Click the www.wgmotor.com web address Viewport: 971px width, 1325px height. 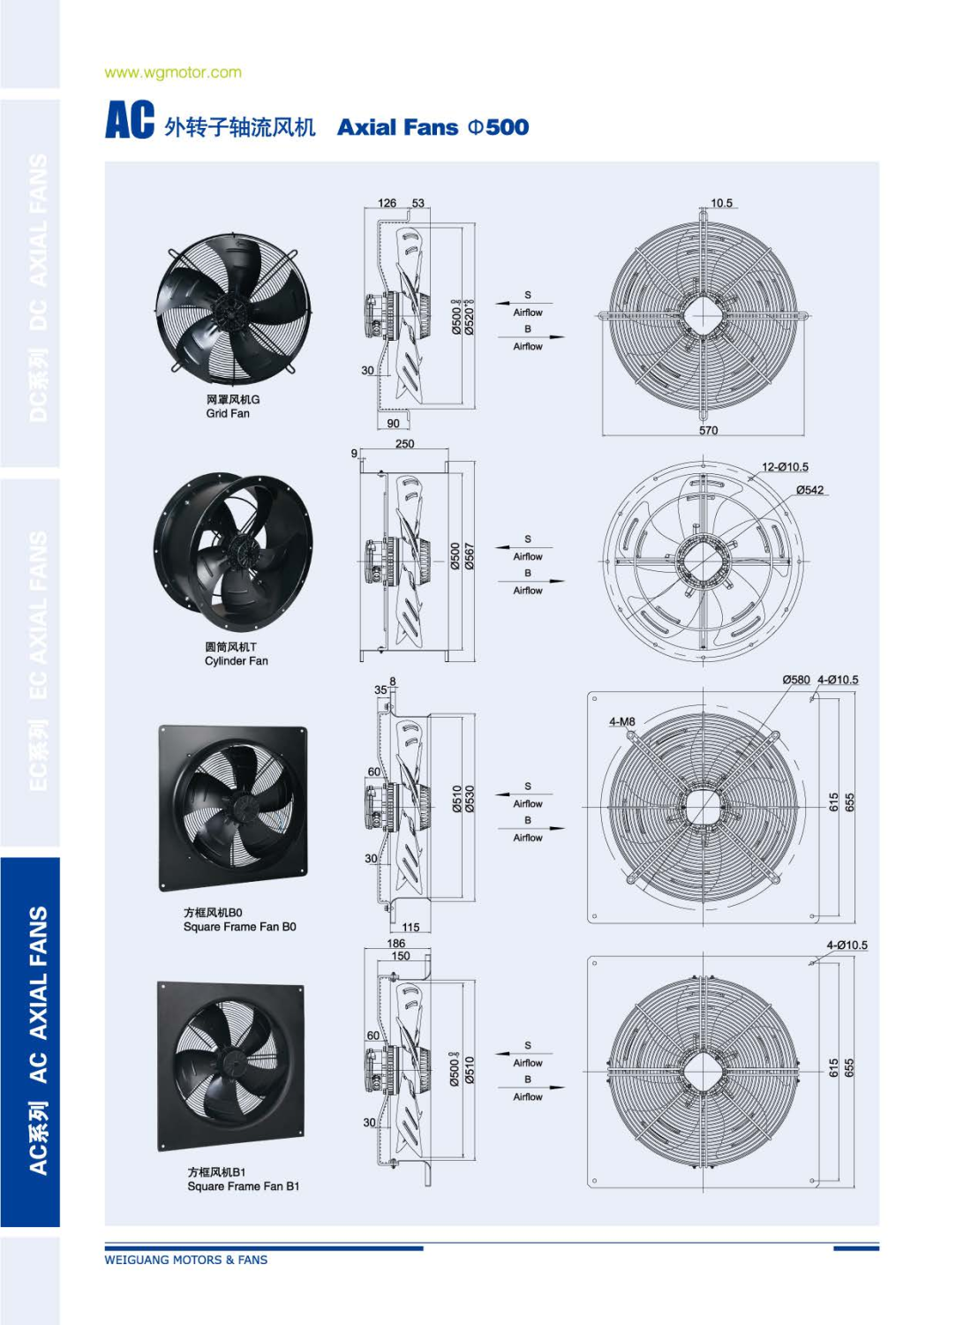pyautogui.click(x=173, y=72)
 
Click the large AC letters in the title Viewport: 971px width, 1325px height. pyautogui.click(x=130, y=120)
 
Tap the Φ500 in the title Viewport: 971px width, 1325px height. pyautogui.click(x=498, y=127)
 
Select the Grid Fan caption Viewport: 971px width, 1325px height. pyautogui.click(x=228, y=413)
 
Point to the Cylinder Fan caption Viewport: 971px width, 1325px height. pyautogui.click(x=236, y=660)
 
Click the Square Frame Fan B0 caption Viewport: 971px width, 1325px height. pyautogui.click(x=239, y=926)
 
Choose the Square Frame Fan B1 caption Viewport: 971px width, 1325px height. pyautogui.click(x=243, y=1186)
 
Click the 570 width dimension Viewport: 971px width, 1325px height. pyautogui.click(x=708, y=430)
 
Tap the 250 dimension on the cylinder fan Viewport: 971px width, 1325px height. pyautogui.click(x=404, y=444)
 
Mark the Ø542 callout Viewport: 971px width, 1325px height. pyautogui.click(x=809, y=490)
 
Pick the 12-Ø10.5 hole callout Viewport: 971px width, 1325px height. pyautogui.click(x=785, y=467)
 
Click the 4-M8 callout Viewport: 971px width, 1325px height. pyautogui.click(x=622, y=721)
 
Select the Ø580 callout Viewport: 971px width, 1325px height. pyautogui.click(x=796, y=680)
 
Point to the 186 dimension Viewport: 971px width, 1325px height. pyautogui.click(x=396, y=944)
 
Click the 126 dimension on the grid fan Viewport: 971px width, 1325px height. pyautogui.click(x=387, y=203)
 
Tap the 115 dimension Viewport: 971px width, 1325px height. pyautogui.click(x=410, y=927)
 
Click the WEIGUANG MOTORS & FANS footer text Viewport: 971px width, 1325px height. pyautogui.click(x=185, y=1260)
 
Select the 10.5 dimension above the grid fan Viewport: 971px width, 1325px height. pyautogui.click(x=721, y=203)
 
